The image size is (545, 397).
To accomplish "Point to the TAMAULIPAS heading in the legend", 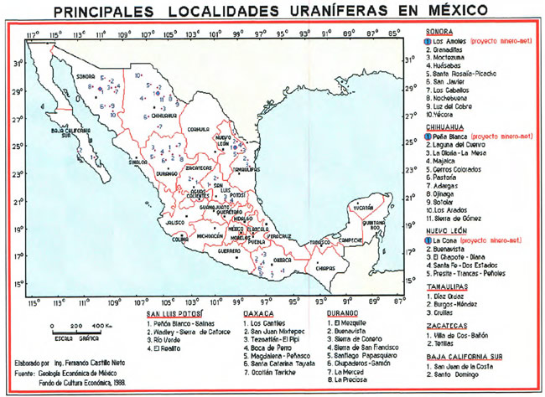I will point(447,286).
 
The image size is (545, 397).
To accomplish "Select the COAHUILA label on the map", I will point(198,129).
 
